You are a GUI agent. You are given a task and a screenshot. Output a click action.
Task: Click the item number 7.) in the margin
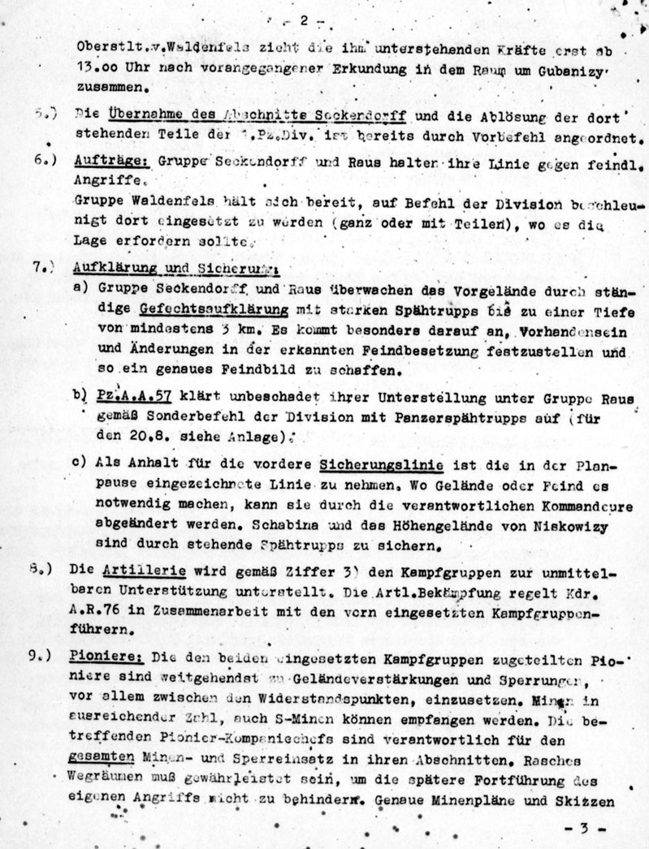(44, 268)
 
